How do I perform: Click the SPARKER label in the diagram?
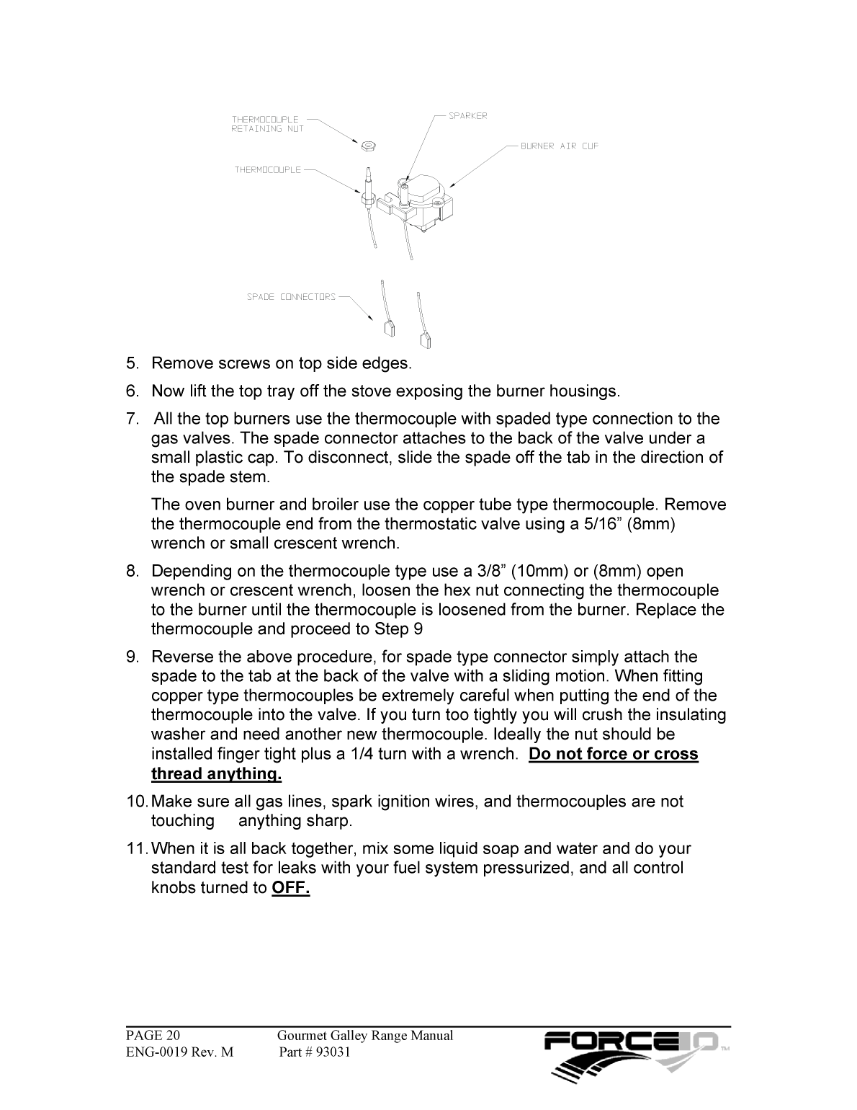click(x=468, y=116)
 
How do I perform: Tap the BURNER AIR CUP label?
click(x=560, y=146)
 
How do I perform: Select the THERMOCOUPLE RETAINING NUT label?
click(x=267, y=124)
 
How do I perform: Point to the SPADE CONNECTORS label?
click(x=291, y=297)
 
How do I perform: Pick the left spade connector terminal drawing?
click(x=390, y=328)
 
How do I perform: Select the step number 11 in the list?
click(x=135, y=849)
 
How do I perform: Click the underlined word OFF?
click(x=291, y=888)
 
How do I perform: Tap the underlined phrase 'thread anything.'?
click(x=216, y=774)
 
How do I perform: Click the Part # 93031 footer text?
click(x=314, y=1052)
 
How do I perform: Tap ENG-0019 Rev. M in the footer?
click(x=180, y=1052)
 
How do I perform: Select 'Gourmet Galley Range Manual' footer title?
click(x=365, y=1036)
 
